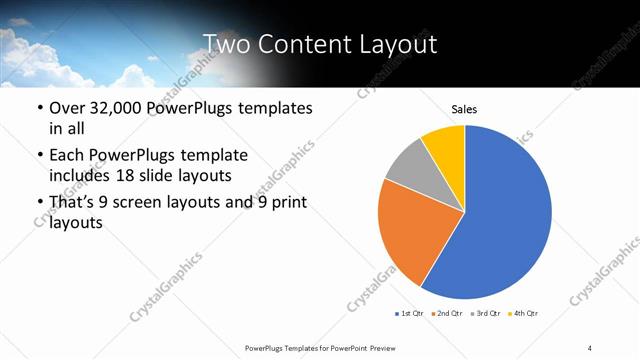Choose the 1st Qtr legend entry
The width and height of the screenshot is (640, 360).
pos(411,314)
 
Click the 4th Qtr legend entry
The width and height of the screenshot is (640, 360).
pos(526,314)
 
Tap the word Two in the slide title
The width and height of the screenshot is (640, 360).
pos(224,43)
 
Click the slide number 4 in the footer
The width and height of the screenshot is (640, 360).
pos(590,346)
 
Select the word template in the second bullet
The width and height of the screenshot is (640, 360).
pos(210,155)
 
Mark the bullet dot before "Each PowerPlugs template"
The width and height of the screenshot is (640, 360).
pos(39,156)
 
